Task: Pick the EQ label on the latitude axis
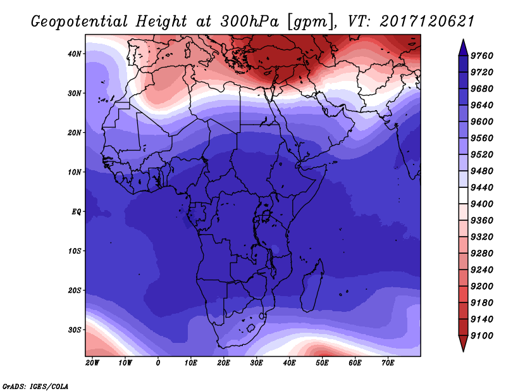pyautogui.click(x=77, y=211)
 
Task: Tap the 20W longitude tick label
pyautogui.click(x=92, y=363)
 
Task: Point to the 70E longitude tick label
pyautogui.click(x=388, y=363)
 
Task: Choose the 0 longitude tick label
pyautogui.click(x=158, y=363)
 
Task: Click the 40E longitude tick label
pyautogui.click(x=290, y=363)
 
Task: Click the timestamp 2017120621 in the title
pyautogui.click(x=427, y=21)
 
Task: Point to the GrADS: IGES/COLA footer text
pyautogui.click(x=35, y=385)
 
